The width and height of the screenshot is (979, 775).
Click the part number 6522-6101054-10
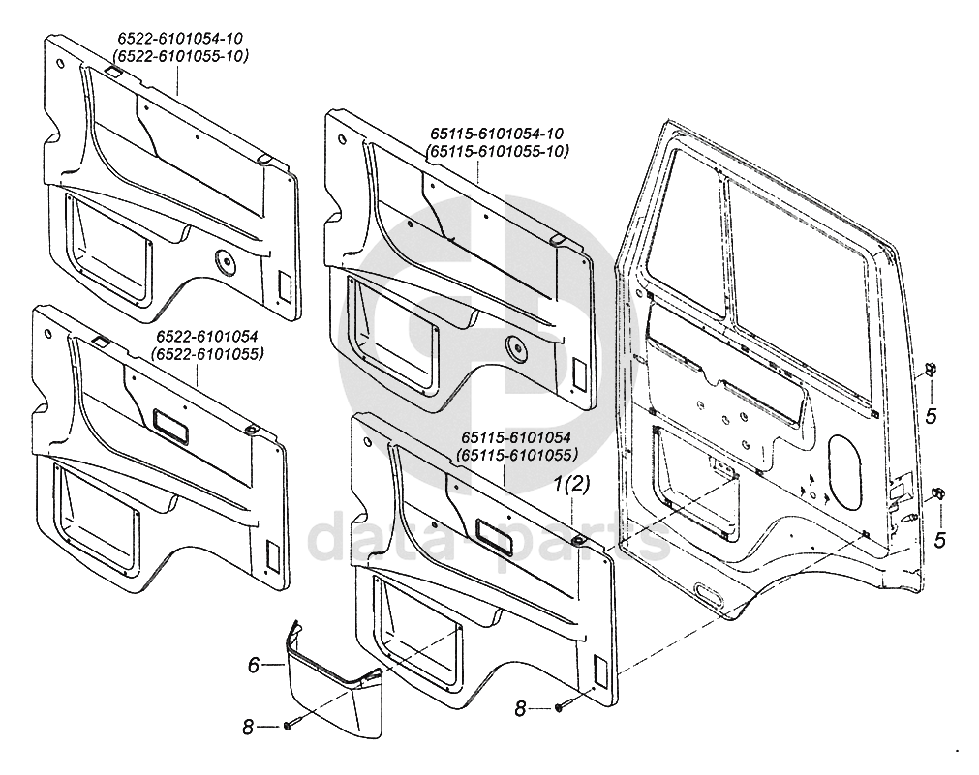180,39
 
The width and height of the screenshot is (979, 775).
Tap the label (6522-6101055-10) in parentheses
180,56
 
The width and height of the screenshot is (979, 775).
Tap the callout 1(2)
571,483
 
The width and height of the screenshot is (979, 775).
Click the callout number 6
255,665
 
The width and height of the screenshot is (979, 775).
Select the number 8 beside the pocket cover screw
248,726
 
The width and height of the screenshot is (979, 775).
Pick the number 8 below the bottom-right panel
520,709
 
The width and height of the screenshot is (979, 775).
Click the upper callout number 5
930,417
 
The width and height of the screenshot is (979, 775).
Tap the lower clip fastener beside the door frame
937,494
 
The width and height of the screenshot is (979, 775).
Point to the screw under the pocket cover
289,726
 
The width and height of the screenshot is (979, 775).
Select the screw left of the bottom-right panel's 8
561,709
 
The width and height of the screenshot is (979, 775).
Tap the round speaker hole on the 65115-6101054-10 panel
513,345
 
